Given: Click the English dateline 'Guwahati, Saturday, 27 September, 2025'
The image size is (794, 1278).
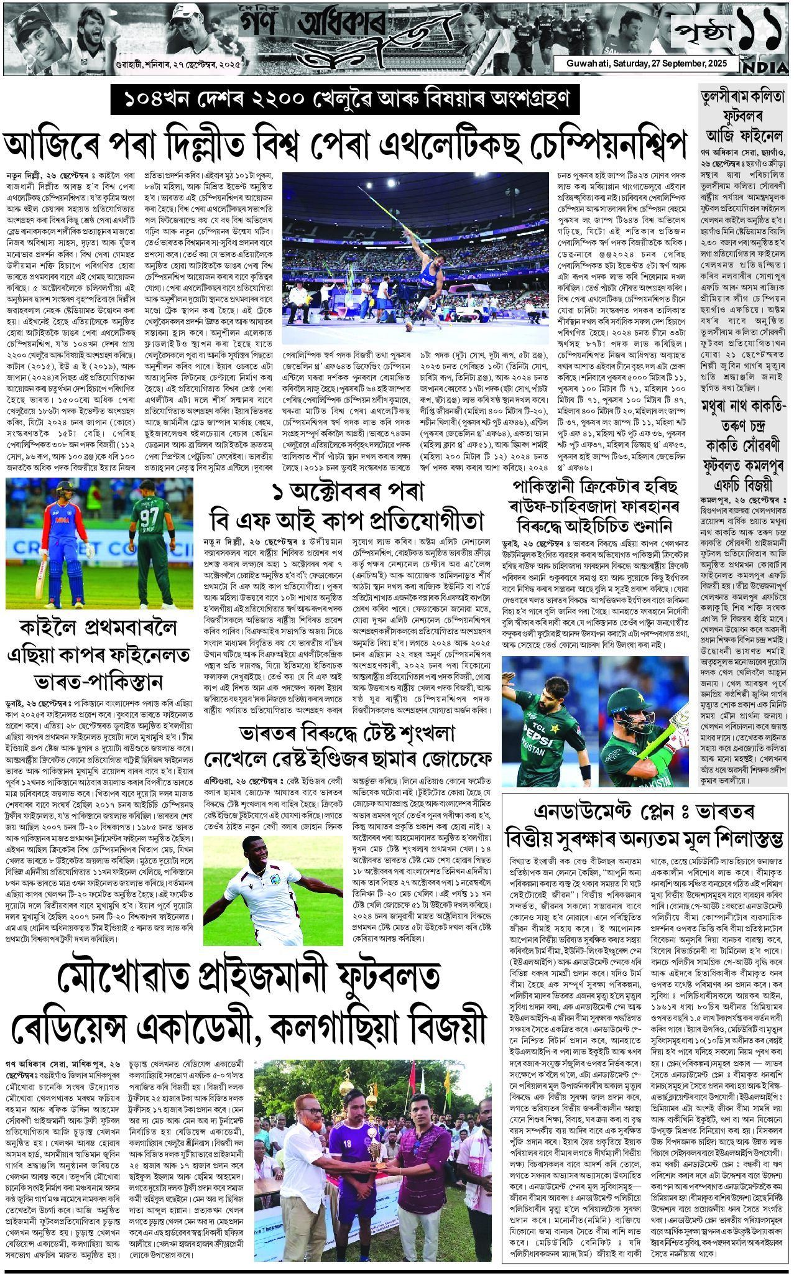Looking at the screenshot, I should coord(644,63).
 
